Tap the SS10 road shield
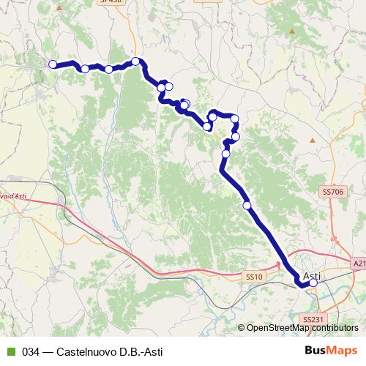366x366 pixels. point(253,276)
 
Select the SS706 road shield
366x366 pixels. point(332,191)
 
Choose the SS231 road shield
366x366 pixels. point(312,320)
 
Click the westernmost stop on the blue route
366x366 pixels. point(53,64)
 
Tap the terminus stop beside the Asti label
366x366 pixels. point(314,283)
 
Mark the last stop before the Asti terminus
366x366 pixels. point(247,206)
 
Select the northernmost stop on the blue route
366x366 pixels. point(135,61)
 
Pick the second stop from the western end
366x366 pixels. point(85,69)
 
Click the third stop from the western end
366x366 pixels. point(108,70)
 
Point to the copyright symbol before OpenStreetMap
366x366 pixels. point(242,328)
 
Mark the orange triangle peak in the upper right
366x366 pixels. point(292,32)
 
